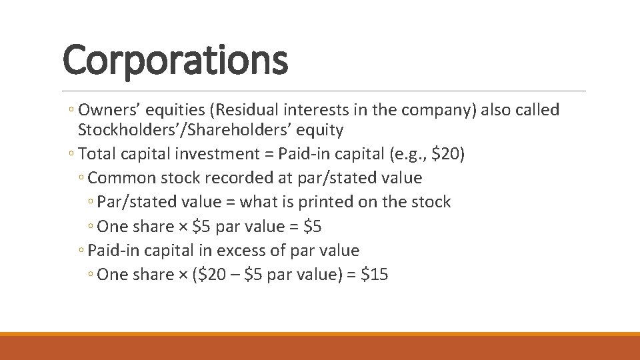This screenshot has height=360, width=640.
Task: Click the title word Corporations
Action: pos(175,59)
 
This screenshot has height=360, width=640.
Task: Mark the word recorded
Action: pos(243,178)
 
